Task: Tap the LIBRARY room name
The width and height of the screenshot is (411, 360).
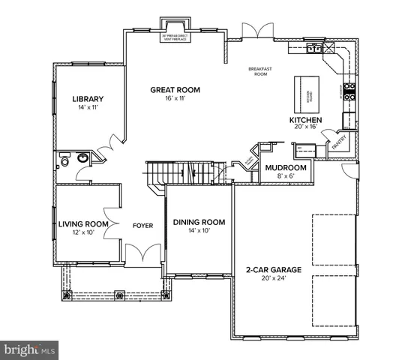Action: [87, 99]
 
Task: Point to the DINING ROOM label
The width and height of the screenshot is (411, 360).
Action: [199, 222]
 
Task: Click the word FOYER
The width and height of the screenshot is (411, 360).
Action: [142, 223]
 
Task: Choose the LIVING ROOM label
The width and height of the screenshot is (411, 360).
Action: [83, 223]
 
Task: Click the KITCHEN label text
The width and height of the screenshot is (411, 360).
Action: [306, 120]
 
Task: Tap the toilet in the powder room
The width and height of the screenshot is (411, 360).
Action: [65, 160]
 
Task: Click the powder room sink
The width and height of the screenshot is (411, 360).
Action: [82, 157]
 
